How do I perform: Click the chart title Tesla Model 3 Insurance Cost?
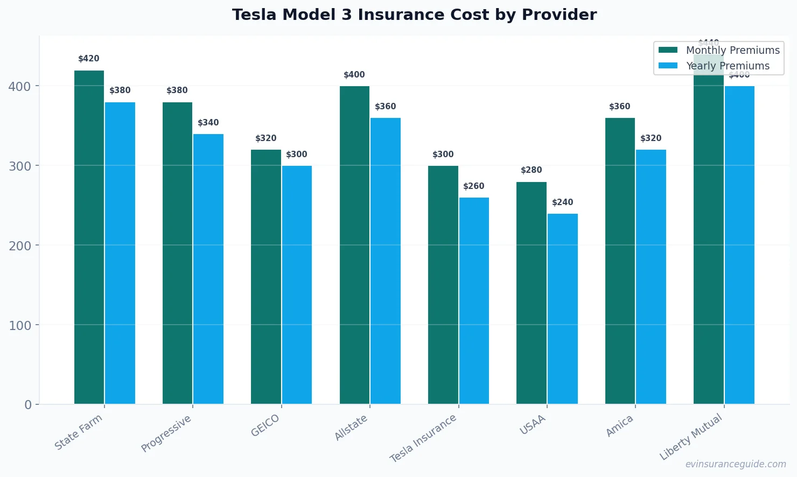click(x=414, y=15)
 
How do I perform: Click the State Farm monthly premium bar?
click(x=89, y=237)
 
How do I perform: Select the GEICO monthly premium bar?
click(x=266, y=277)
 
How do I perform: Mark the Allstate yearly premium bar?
click(x=386, y=261)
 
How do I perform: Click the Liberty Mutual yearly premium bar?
click(x=739, y=245)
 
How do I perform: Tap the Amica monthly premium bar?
click(x=620, y=261)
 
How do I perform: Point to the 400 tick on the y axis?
click(x=20, y=86)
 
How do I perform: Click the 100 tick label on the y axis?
click(x=20, y=325)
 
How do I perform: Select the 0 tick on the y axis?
click(x=28, y=405)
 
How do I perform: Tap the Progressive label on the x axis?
click(x=166, y=433)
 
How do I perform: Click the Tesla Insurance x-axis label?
click(x=423, y=438)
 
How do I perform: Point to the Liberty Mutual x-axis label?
click(x=691, y=437)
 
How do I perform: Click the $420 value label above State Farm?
click(x=89, y=59)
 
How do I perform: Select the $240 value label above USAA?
click(x=563, y=202)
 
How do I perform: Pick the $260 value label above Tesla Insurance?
click(x=474, y=186)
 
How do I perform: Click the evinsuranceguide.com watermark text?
click(x=736, y=464)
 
